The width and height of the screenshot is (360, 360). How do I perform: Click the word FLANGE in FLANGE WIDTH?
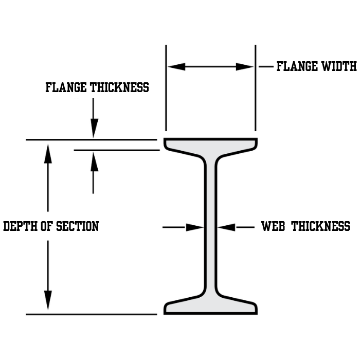(x=296, y=66)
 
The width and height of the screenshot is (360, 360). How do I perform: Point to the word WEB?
(x=273, y=226)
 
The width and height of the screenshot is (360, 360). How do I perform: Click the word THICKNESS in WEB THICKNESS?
(x=320, y=226)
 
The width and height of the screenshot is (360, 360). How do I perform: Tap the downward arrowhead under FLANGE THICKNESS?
(x=94, y=128)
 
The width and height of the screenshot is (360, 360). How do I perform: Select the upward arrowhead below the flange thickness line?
(x=94, y=162)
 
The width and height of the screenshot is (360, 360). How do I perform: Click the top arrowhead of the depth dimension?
(x=48, y=153)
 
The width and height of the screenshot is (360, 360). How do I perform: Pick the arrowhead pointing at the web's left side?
(x=195, y=227)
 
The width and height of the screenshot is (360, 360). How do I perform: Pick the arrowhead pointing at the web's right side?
(x=226, y=227)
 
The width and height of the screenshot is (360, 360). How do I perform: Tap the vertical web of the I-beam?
(x=210, y=226)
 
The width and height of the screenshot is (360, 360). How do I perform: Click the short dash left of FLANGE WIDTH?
(x=265, y=66)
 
